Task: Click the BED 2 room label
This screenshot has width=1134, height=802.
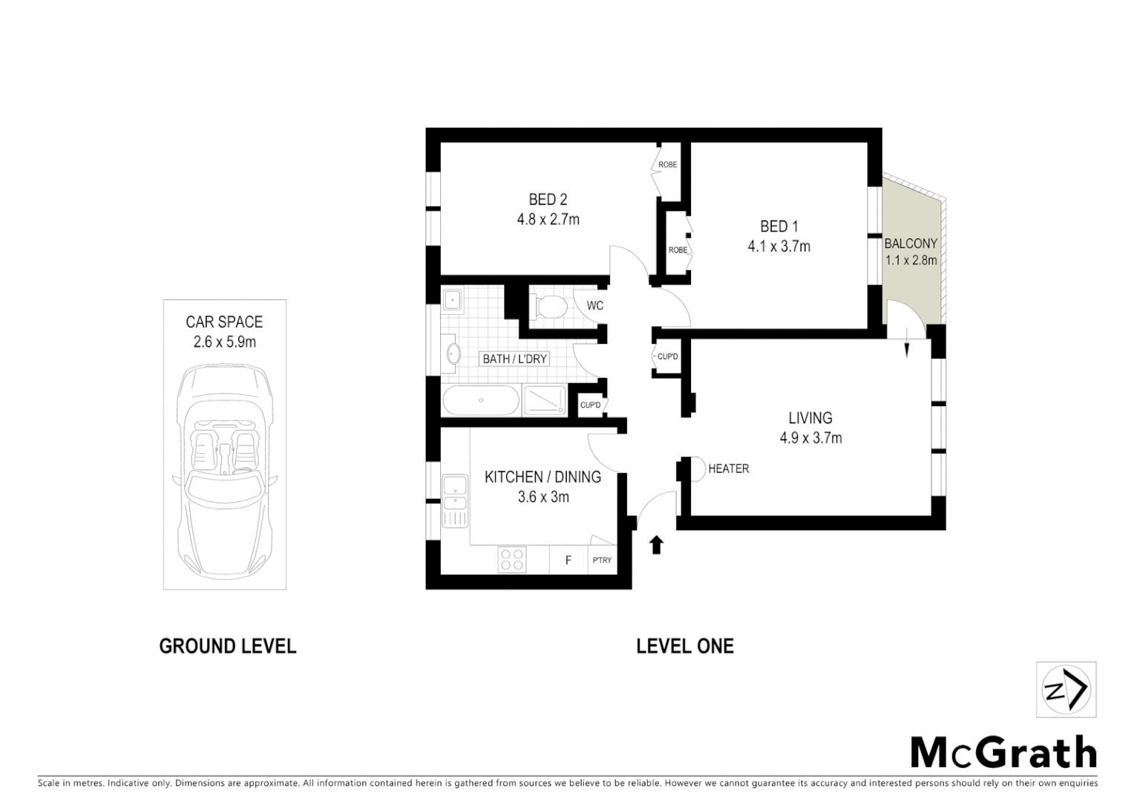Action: pyautogui.click(x=548, y=199)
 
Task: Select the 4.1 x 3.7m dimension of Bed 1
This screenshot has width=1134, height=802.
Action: pyautogui.click(x=779, y=247)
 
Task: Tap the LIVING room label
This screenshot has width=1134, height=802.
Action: pyautogui.click(x=810, y=418)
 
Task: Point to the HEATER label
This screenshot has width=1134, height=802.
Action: pyautogui.click(x=728, y=469)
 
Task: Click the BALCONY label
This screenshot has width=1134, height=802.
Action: pyautogui.click(x=911, y=244)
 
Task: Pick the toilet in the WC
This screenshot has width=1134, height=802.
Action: pyautogui.click(x=548, y=306)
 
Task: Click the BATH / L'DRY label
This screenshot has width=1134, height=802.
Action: pyautogui.click(x=514, y=359)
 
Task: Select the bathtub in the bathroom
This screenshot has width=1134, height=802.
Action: pyautogui.click(x=481, y=401)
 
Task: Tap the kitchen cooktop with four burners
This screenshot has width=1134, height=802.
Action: pyautogui.click(x=511, y=559)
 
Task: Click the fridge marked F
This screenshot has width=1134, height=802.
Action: pyautogui.click(x=568, y=560)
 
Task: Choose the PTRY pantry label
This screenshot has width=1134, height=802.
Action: pyautogui.click(x=602, y=560)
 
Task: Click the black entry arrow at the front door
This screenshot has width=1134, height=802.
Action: pyautogui.click(x=656, y=545)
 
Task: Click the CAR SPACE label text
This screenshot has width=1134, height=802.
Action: pyautogui.click(x=224, y=322)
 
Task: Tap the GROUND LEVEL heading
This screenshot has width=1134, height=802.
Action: pyautogui.click(x=228, y=646)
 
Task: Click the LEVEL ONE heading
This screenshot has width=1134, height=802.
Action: pyautogui.click(x=684, y=646)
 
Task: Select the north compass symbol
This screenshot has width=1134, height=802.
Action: pyautogui.click(x=1066, y=690)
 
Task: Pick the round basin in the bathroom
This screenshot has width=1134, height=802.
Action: pyautogui.click(x=452, y=354)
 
